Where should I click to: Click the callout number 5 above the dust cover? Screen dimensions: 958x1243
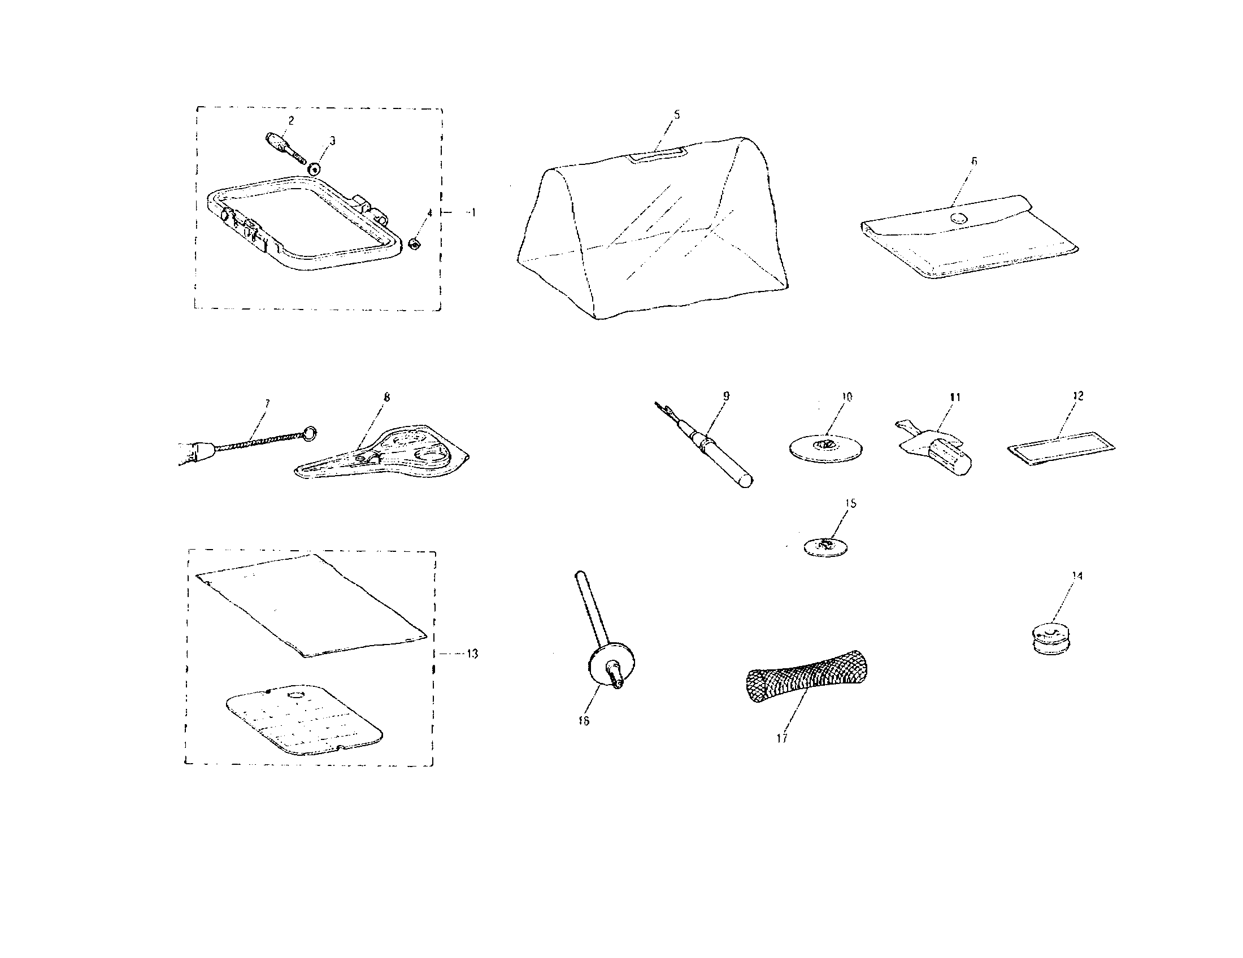coord(676,114)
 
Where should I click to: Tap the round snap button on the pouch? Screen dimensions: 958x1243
coord(959,218)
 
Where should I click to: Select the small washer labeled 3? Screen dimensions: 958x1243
coord(314,169)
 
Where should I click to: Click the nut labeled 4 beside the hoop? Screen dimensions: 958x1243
coord(415,245)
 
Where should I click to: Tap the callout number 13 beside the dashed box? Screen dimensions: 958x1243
coord(472,654)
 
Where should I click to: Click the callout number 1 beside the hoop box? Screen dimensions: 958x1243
coord(471,212)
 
